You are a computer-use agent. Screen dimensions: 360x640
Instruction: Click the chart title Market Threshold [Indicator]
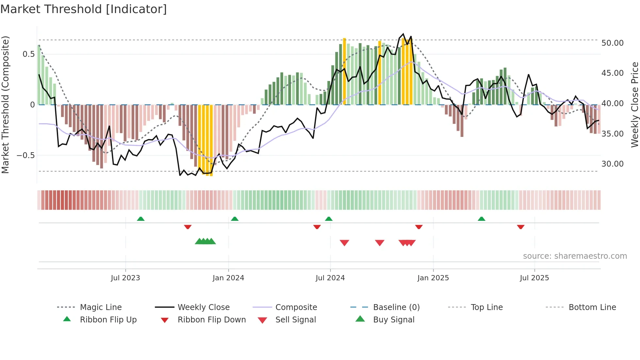84,9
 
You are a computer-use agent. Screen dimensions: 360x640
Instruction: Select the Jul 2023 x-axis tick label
125,278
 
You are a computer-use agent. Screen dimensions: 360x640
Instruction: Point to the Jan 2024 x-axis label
228,278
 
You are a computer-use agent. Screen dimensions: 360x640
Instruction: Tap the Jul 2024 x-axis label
330,278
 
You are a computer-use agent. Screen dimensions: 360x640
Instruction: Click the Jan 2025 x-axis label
433,278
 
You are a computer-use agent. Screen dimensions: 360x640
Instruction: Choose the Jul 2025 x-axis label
534,278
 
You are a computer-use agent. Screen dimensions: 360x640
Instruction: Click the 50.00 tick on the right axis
612,43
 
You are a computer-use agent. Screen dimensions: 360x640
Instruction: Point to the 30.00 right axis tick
612,164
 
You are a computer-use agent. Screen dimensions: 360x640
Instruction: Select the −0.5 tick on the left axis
26,155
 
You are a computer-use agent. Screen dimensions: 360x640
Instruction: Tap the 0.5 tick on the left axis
28,54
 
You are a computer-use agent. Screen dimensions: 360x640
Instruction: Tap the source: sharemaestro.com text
575,256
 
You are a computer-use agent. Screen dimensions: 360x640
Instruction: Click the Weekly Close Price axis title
634,105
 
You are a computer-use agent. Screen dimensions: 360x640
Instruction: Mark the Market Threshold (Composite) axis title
6,105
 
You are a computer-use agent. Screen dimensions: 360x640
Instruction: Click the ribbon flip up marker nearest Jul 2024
329,219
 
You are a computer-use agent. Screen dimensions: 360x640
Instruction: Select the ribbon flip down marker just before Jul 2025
521,227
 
